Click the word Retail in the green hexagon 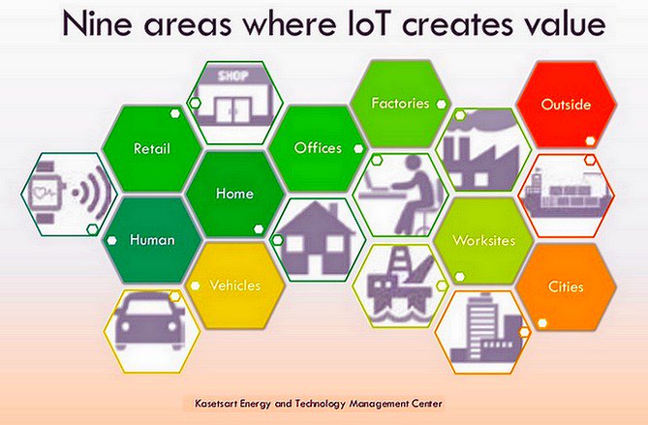[x=151, y=149]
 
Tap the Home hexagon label [x=234, y=194]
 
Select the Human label [x=152, y=240]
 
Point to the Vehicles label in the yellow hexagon [x=234, y=286]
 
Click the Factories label [x=400, y=103]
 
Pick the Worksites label [x=483, y=240]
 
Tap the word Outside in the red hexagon [x=566, y=104]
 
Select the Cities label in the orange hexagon [x=566, y=287]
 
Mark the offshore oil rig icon [x=400, y=281]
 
